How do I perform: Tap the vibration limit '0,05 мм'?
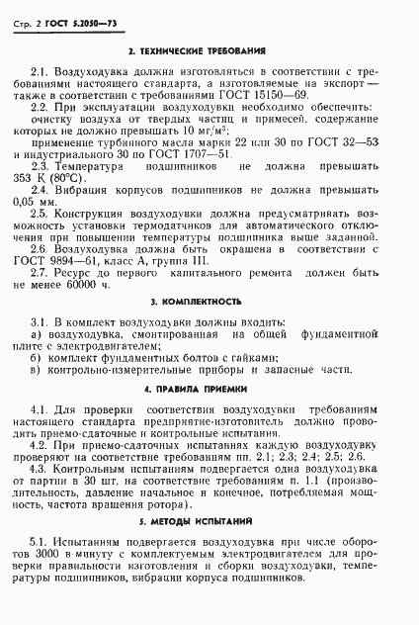(49, 205)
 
